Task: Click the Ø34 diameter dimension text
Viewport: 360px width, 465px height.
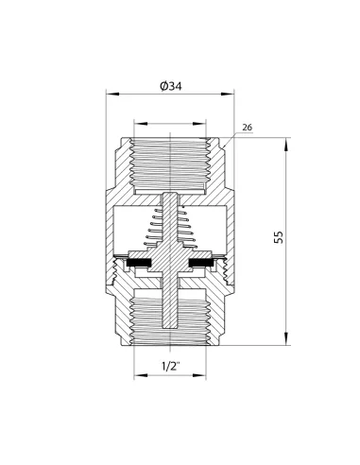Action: [x=172, y=85]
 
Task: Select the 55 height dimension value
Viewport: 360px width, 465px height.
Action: [x=278, y=236]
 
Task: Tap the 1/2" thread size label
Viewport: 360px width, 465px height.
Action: [x=171, y=365]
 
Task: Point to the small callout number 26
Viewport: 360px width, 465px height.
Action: [x=248, y=127]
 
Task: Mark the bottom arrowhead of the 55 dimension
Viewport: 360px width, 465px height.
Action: [x=286, y=336]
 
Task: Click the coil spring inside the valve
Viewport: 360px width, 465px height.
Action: [x=170, y=232]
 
